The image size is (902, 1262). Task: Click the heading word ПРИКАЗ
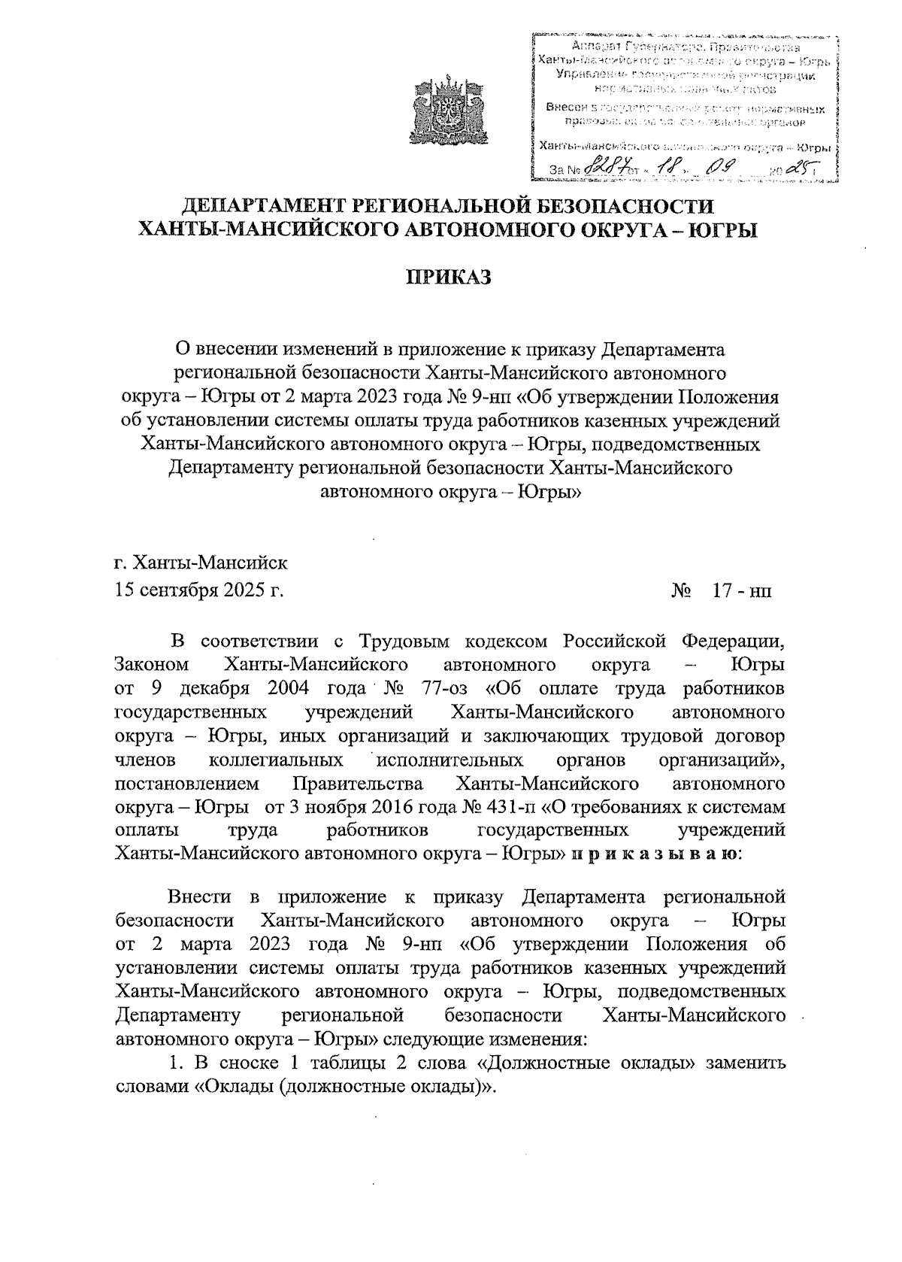pos(448,278)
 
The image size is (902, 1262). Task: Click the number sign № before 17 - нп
pos(682,590)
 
